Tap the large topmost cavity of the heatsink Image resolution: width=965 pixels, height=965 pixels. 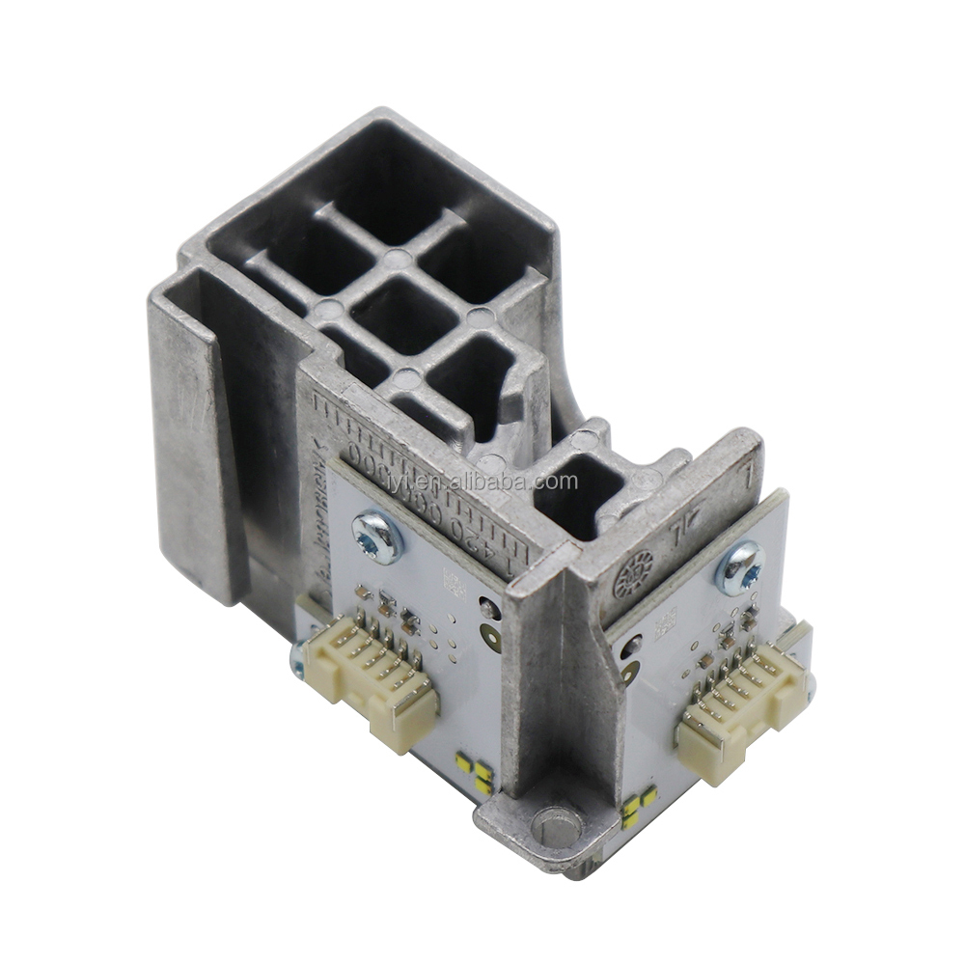[386, 179]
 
